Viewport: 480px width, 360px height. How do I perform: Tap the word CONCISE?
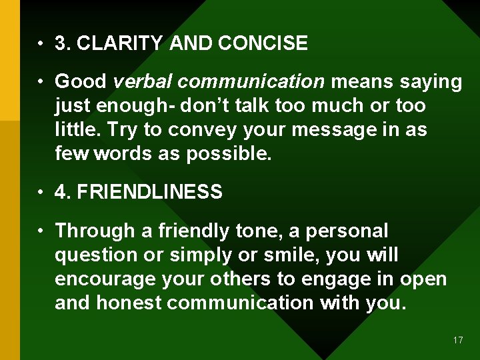(x=263, y=44)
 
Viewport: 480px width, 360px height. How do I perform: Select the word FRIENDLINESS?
(x=150, y=193)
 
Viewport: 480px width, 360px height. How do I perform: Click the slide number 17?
(x=457, y=341)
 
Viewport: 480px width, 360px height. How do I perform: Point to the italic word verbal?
(x=143, y=82)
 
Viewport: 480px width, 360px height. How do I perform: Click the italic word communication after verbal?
(x=251, y=82)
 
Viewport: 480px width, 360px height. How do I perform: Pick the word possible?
(x=229, y=154)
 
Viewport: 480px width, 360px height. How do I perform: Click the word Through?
(x=95, y=231)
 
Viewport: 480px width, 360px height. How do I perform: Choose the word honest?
(x=129, y=303)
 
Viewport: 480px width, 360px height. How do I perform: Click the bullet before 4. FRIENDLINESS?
(x=42, y=193)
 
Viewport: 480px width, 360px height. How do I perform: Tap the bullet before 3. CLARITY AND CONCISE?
(x=42, y=44)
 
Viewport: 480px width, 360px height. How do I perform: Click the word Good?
(x=81, y=82)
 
